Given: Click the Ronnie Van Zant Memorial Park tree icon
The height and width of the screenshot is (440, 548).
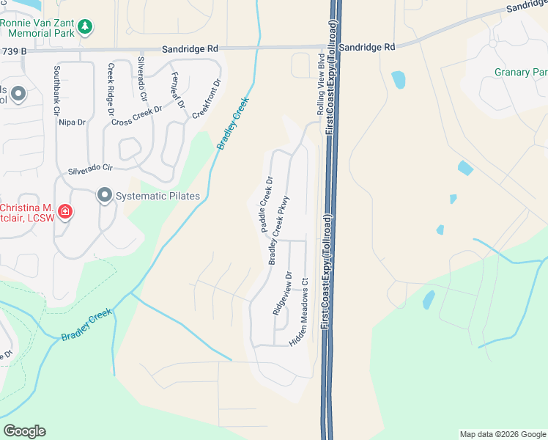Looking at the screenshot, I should coord(86,27).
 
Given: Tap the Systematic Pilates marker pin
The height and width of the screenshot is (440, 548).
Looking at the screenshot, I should coord(105,195).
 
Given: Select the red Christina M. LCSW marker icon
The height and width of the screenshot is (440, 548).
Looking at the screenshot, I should coord(65,213).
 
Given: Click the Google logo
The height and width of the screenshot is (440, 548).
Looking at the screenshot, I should coord(24,431).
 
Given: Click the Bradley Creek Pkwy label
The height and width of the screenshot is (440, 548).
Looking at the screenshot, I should coord(279,230).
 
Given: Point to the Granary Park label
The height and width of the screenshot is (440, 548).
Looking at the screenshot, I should coord(521,72).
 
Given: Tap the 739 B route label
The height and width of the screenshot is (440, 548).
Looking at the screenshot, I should coord(13,51).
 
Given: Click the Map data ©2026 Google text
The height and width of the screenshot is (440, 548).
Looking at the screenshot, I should coord(503,434).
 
